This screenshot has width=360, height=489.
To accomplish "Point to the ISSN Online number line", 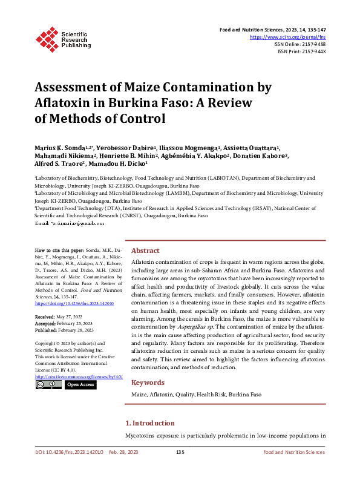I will pyautogui.click(x=301, y=44).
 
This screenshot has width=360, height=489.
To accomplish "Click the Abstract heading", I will pyautogui.click(x=145, y=251).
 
